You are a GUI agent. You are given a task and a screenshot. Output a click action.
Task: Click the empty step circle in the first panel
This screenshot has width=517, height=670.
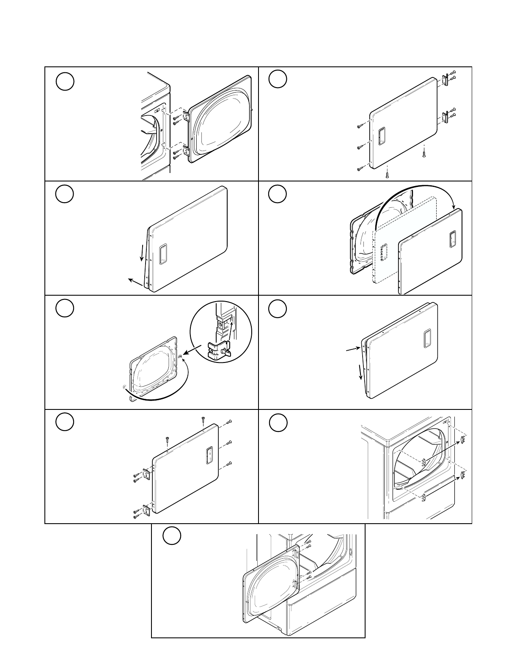[65, 81]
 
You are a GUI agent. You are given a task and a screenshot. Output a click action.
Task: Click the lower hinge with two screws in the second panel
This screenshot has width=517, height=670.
[445, 116]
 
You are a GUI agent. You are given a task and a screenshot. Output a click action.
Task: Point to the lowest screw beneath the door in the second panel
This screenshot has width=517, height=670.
[387, 173]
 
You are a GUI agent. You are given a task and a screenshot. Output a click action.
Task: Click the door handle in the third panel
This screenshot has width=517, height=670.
[163, 254]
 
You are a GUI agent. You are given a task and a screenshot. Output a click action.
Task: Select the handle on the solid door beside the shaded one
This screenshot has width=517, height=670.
[452, 240]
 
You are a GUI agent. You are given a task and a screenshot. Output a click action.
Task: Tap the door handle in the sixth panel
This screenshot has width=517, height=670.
[427, 338]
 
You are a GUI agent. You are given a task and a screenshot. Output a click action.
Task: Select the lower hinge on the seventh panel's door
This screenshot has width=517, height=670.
[147, 511]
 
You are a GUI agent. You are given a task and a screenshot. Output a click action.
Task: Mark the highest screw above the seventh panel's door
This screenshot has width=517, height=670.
[203, 421]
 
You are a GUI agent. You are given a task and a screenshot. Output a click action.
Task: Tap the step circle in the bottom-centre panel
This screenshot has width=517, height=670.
[172, 535]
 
